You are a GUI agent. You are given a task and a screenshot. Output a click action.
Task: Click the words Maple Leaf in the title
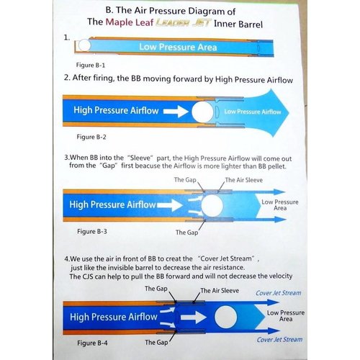click(130, 22)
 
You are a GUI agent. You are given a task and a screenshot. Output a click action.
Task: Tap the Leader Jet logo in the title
click(184, 23)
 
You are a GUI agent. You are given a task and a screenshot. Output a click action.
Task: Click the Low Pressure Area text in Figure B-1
click(178, 47)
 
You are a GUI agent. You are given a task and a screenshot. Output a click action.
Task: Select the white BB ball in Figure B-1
click(84, 45)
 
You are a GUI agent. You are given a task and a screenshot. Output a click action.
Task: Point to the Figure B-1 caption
click(91, 65)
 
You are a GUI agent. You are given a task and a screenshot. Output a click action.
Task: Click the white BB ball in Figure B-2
click(202, 112)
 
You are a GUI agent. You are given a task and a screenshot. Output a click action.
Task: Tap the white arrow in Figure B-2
click(176, 112)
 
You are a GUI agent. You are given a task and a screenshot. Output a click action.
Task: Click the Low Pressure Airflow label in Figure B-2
click(253, 112)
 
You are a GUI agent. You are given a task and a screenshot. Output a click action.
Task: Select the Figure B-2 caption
click(91, 137)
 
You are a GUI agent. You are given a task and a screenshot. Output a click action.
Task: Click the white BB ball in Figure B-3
click(212, 205)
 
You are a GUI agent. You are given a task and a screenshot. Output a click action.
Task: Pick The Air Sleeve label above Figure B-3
click(244, 180)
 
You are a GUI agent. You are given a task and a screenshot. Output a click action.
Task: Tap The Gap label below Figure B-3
click(186, 233)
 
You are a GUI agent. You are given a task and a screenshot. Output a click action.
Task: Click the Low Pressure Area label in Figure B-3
click(280, 205)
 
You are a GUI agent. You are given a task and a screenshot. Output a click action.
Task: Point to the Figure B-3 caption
click(92, 231)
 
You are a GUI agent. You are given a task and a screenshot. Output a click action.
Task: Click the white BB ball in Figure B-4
click(225, 317)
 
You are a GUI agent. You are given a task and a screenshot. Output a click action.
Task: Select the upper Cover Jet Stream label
click(279, 293)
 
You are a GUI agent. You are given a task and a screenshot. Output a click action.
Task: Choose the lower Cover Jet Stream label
click(279, 340)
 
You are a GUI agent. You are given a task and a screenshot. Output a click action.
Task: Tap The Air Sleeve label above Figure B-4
click(220, 291)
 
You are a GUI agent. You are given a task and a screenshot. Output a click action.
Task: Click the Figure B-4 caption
click(92, 343)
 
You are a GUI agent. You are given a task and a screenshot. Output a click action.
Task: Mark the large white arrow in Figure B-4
click(194, 318)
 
